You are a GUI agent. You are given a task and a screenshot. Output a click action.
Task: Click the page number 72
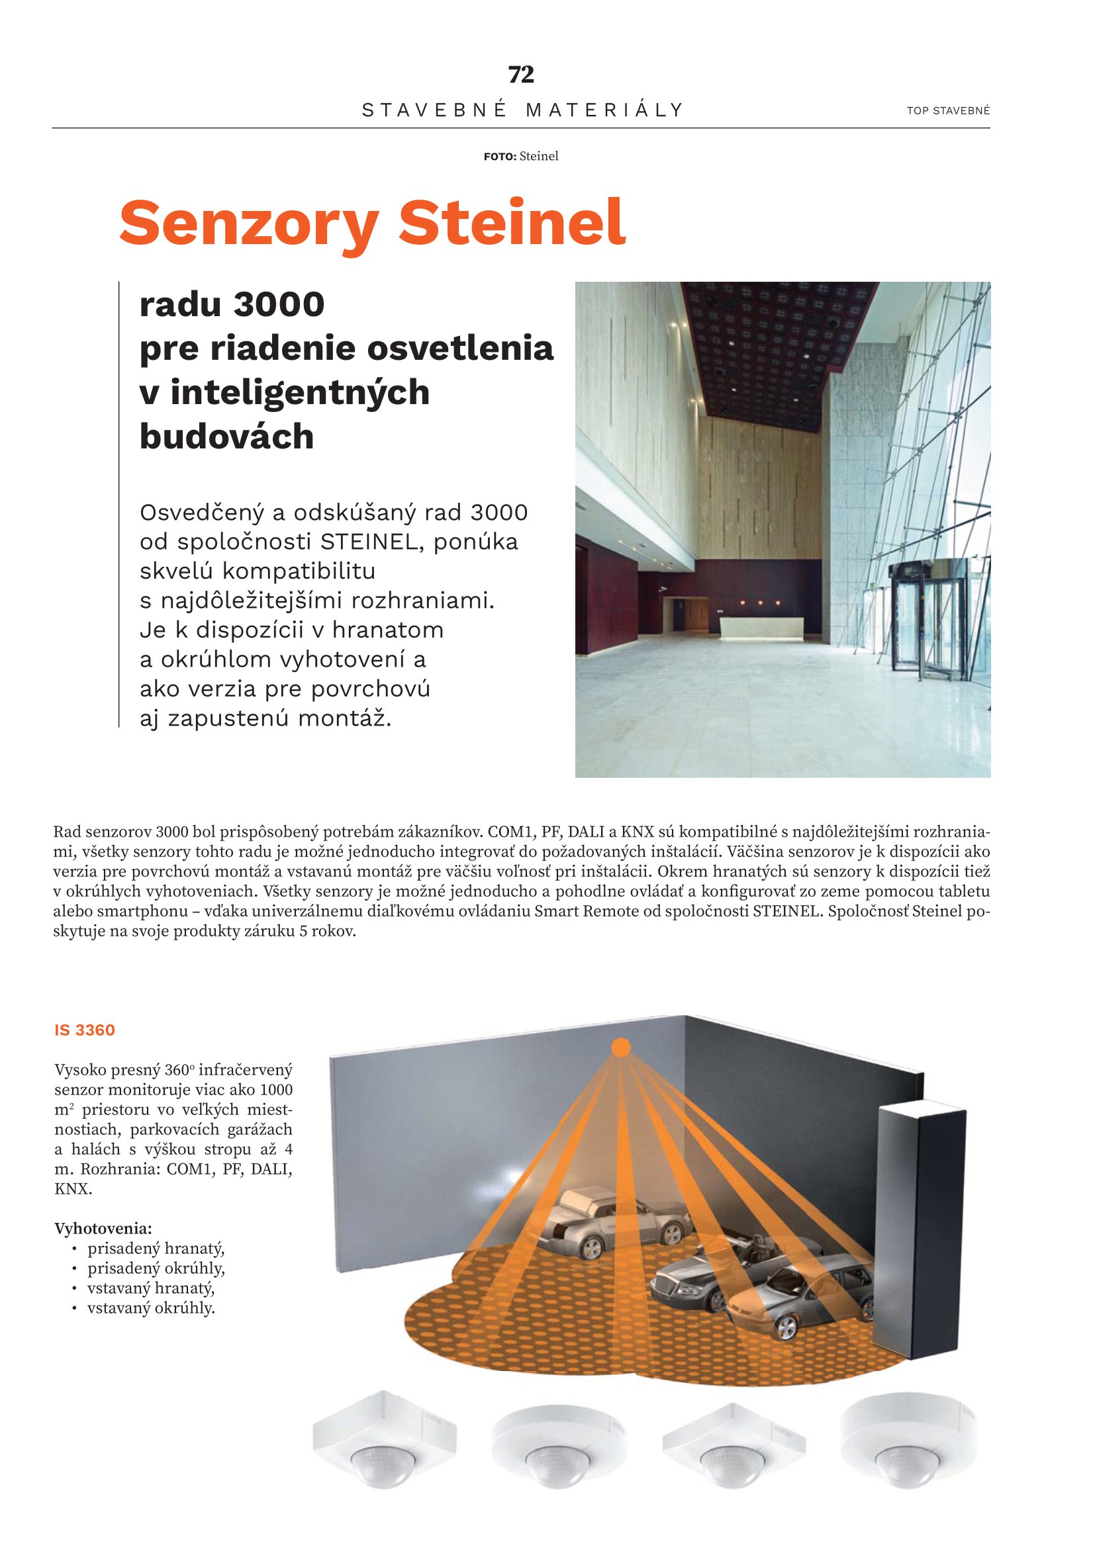tap(520, 74)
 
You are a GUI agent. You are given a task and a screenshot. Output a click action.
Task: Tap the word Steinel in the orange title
tap(512, 222)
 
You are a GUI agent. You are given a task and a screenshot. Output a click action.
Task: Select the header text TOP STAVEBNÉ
tap(948, 110)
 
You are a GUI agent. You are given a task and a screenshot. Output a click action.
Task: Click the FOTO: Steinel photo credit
tap(520, 156)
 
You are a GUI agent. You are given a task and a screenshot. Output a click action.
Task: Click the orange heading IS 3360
tap(85, 1030)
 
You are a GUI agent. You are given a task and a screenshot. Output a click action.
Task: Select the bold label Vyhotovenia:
tap(103, 1228)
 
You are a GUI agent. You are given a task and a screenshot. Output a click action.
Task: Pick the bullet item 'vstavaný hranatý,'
tap(151, 1288)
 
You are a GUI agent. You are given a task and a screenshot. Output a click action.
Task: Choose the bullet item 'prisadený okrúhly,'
tap(156, 1268)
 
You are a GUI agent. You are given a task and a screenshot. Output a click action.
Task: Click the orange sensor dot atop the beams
tap(620, 1048)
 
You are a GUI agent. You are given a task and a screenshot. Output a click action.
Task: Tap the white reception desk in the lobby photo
tap(762, 628)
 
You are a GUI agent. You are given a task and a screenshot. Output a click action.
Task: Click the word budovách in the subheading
tap(226, 437)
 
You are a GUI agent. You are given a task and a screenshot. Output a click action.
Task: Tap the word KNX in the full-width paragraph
tap(637, 832)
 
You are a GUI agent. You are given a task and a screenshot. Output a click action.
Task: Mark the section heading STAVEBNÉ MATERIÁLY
tap(522, 110)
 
